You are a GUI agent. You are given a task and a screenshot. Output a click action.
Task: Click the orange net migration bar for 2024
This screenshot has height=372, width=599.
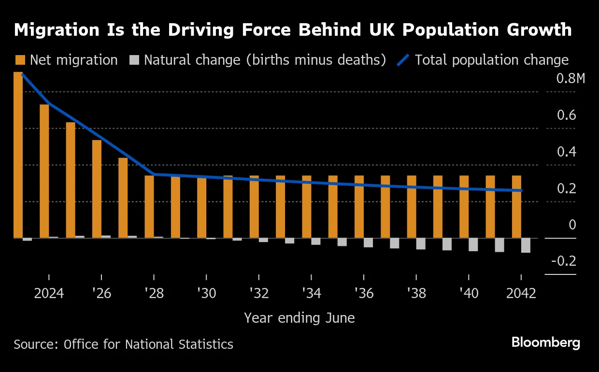click(44, 171)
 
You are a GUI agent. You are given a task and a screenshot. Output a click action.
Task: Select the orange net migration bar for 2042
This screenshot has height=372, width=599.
click(516, 207)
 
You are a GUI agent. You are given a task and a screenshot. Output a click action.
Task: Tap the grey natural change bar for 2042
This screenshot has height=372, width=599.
click(526, 245)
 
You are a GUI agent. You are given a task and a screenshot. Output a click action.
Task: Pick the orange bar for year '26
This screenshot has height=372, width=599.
click(97, 189)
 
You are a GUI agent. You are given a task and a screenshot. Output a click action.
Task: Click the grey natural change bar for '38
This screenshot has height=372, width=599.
click(421, 243)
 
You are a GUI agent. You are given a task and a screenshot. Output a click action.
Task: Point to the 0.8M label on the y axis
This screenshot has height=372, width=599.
click(570, 78)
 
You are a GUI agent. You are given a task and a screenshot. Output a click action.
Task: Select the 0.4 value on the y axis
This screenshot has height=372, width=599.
click(566, 152)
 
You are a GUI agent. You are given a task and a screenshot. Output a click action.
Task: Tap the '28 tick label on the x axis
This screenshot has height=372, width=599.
click(154, 293)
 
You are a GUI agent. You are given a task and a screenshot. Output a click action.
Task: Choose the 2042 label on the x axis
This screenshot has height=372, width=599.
click(521, 293)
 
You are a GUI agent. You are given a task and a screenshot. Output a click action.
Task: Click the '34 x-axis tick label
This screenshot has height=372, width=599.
click(311, 293)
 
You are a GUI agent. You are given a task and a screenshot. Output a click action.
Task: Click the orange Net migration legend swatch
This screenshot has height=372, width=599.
click(20, 60)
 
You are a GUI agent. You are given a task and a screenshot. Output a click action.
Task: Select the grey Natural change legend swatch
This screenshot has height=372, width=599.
click(134, 60)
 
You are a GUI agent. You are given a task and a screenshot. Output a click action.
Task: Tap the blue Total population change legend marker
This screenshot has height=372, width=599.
click(403, 60)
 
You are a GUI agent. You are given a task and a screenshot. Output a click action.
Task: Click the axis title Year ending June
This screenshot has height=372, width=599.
click(299, 318)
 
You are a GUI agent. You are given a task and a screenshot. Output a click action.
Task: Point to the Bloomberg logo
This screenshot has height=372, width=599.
click(546, 343)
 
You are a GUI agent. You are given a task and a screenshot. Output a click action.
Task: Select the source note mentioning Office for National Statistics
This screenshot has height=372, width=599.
click(123, 344)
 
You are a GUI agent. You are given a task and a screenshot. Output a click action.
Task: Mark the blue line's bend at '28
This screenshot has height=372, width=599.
click(154, 174)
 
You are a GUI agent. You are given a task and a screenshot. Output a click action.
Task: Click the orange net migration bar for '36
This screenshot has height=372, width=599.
click(359, 207)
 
